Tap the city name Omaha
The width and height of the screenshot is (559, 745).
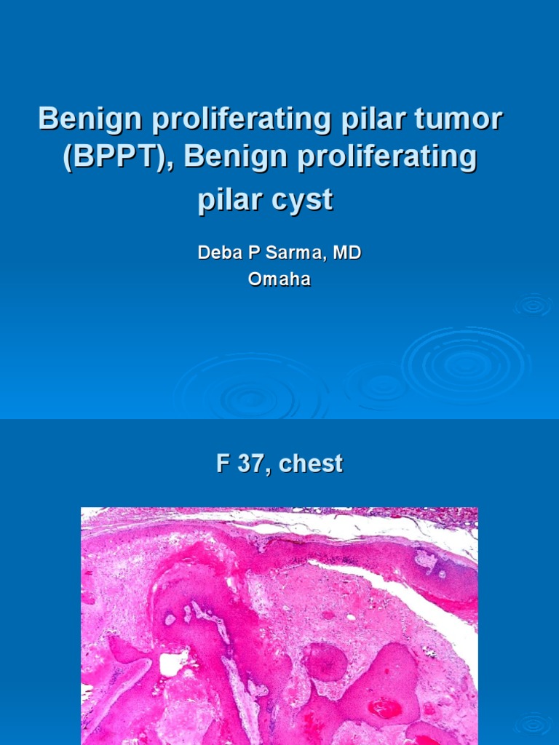click(279, 279)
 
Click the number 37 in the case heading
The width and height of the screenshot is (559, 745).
click(253, 463)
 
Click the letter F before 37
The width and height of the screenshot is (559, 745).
click(223, 463)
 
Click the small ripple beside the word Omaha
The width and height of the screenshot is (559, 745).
click(533, 306)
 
